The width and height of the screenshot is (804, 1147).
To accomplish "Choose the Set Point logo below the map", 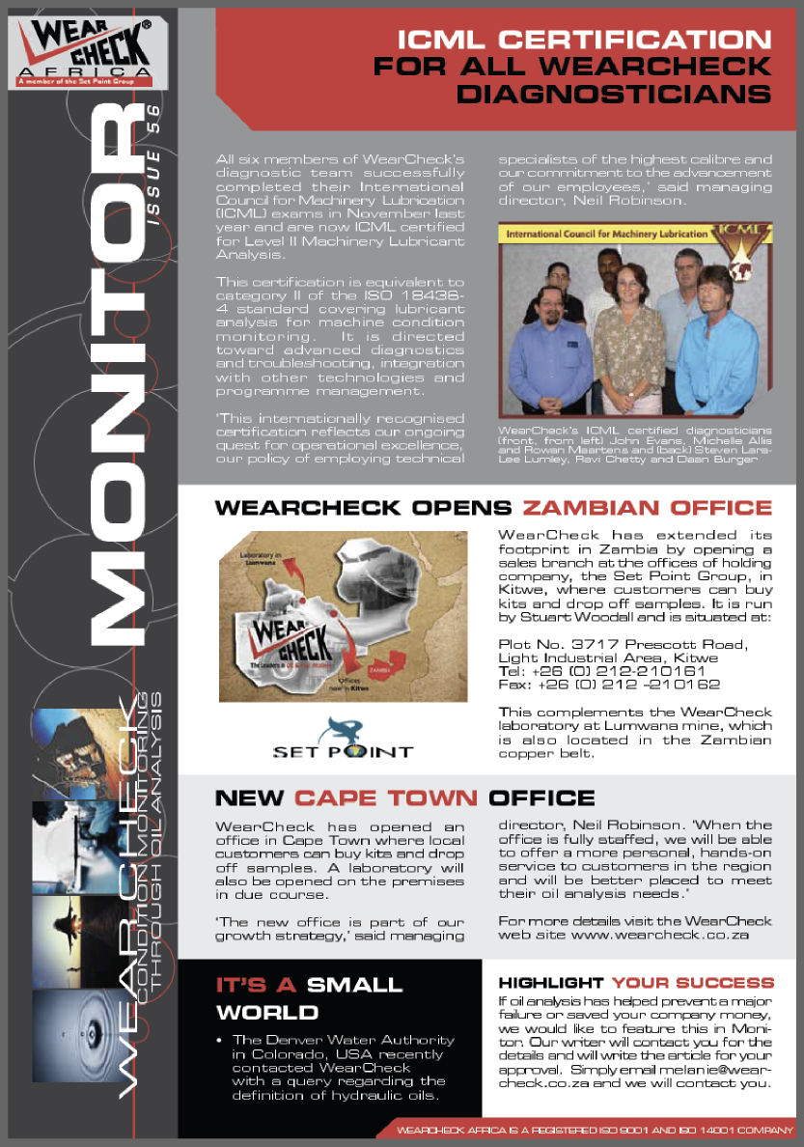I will tap(343, 739).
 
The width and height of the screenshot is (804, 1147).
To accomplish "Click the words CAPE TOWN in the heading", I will tap(386, 798).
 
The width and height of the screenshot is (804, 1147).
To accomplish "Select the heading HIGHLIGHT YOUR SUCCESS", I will tap(636, 983).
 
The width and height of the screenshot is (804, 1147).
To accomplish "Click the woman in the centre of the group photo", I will tap(628, 338).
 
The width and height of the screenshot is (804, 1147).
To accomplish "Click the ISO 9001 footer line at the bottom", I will tap(589, 1129).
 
